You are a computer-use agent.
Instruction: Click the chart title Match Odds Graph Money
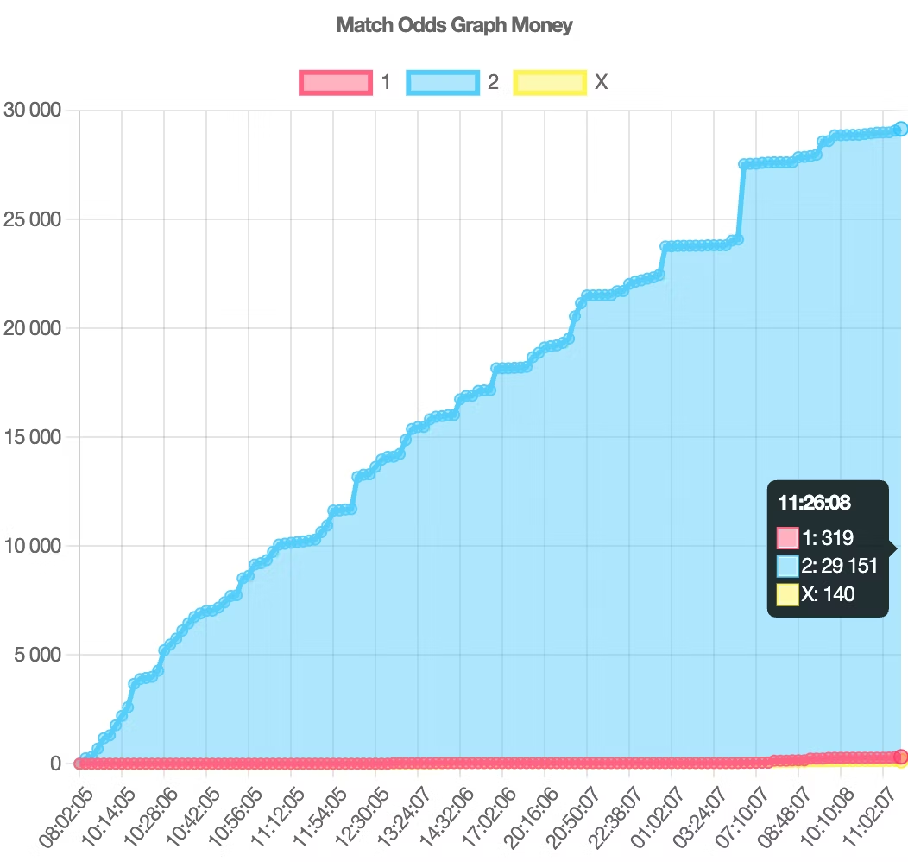454,25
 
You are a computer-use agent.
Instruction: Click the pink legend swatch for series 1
336,83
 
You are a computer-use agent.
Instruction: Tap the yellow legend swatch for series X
550,83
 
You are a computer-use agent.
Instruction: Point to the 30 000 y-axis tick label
33,110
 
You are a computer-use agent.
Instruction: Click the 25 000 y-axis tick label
33,219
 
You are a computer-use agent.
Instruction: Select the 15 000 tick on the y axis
33,436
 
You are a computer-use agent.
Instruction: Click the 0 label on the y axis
55,764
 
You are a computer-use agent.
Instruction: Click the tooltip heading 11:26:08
813,503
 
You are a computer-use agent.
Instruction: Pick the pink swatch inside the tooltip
787,538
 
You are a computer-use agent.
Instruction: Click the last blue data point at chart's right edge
900,129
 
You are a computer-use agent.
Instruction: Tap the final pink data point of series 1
900,757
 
